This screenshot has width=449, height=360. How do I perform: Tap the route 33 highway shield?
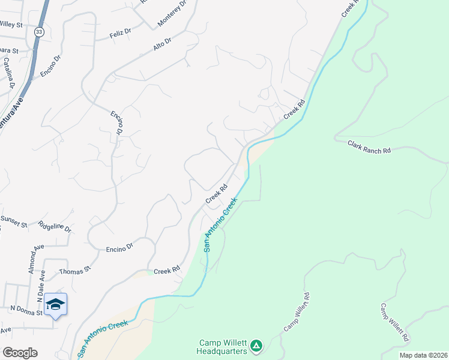coord(38,32)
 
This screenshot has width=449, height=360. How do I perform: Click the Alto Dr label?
coord(162,42)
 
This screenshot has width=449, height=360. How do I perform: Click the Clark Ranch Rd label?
coord(370,146)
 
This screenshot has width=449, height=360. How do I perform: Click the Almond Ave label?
coord(35,259)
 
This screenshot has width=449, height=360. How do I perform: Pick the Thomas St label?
coord(74,271)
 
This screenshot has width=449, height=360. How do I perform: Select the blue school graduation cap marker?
coord(55,305)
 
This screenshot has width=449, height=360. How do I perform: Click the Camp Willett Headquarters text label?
coord(222,347)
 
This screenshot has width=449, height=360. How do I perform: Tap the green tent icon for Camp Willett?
coord(256,345)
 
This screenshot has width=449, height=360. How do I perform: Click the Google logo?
coord(20,353)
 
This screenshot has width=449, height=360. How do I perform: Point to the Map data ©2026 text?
coord(423,355)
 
